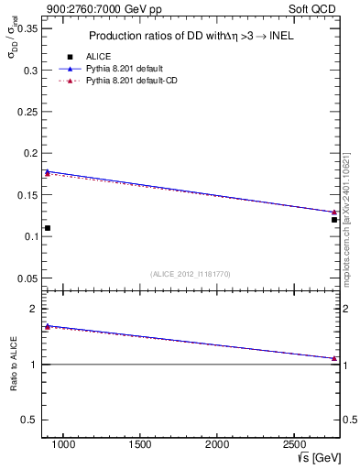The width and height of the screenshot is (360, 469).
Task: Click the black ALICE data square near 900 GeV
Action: (48, 228)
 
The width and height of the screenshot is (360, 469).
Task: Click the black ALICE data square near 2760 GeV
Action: (334, 220)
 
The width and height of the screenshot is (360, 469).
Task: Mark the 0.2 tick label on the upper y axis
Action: (28, 154)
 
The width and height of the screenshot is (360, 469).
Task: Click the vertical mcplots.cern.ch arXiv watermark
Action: (346, 220)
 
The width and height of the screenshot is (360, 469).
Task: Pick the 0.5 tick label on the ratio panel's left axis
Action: (28, 420)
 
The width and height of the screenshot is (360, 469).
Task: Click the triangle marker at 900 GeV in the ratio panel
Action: (48, 326)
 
